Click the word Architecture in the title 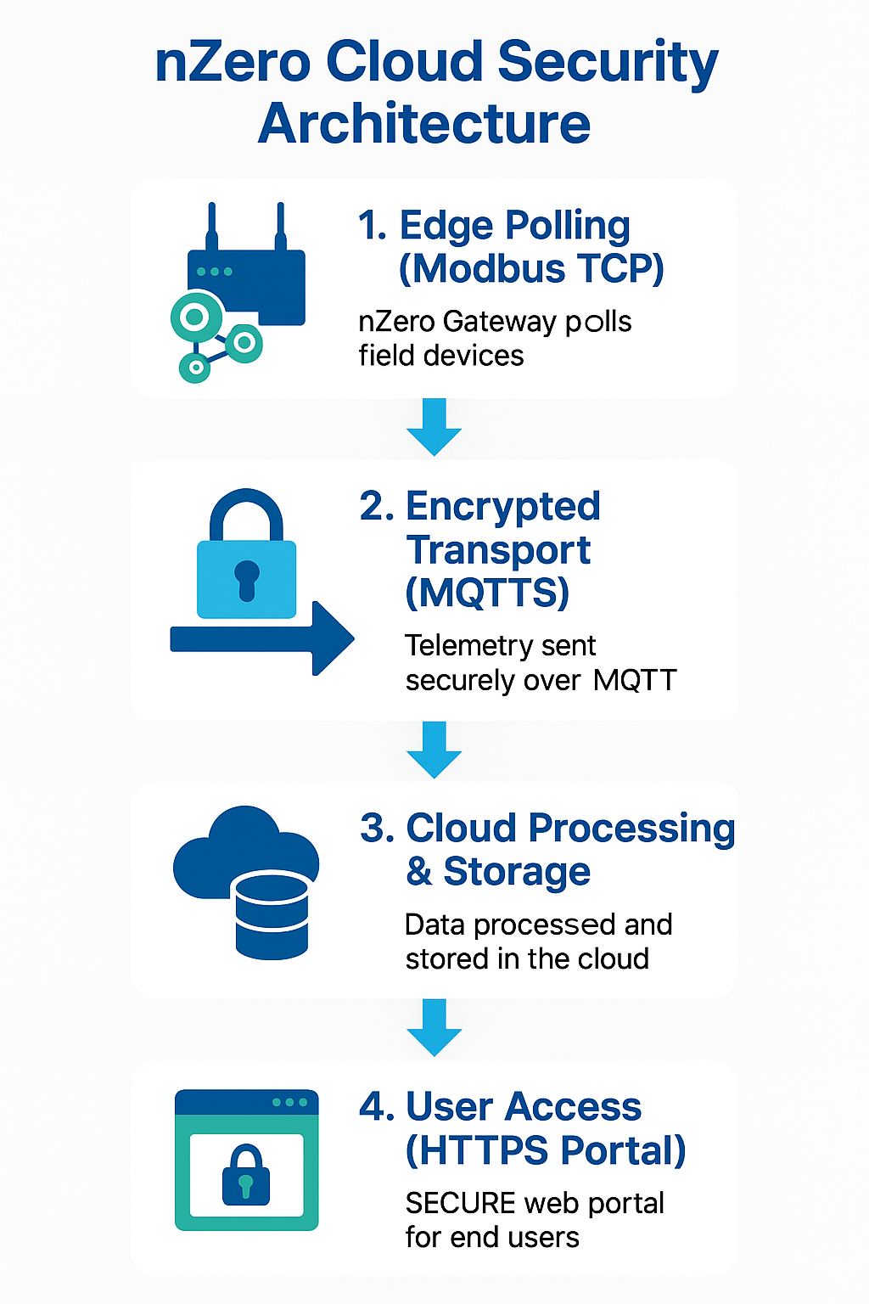(423, 124)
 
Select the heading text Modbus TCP (531, 269)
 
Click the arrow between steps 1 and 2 (434, 427)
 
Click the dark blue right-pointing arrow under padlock (263, 638)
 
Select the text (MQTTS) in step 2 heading (487, 593)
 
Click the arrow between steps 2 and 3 (434, 750)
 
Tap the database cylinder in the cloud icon (271, 915)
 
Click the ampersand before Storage (418, 872)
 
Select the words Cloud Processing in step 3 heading (570, 829)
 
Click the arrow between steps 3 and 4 (434, 1027)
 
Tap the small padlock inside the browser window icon (246, 1176)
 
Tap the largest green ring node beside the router (195, 318)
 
